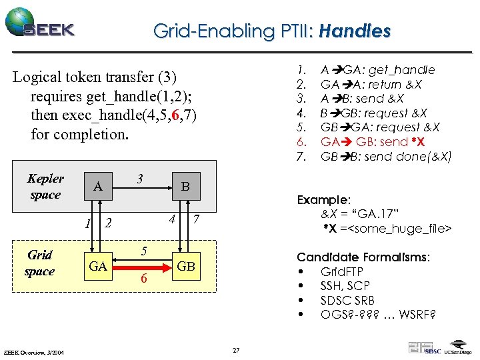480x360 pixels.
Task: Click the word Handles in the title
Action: click(355, 31)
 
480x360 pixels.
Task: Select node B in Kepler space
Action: click(186, 187)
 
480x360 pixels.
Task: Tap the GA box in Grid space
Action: click(98, 267)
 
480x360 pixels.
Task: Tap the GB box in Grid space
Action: click(186, 267)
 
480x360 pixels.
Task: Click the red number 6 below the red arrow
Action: click(143, 280)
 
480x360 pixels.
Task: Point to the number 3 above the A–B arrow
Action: click(140, 179)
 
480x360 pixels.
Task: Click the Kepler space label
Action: click(45, 187)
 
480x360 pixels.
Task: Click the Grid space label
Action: click(39, 263)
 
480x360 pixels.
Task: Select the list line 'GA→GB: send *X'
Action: click(373, 142)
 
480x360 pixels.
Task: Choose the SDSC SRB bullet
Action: click(347, 300)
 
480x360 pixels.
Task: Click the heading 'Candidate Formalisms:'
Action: click(363, 257)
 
